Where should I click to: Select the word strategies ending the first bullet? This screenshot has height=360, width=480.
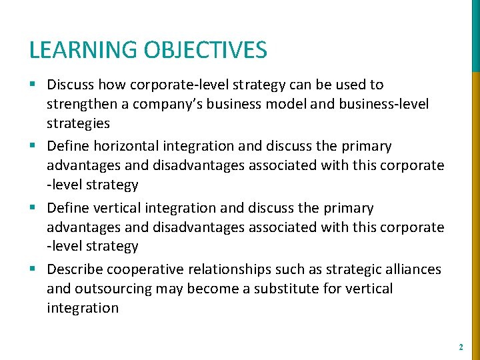(78, 123)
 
